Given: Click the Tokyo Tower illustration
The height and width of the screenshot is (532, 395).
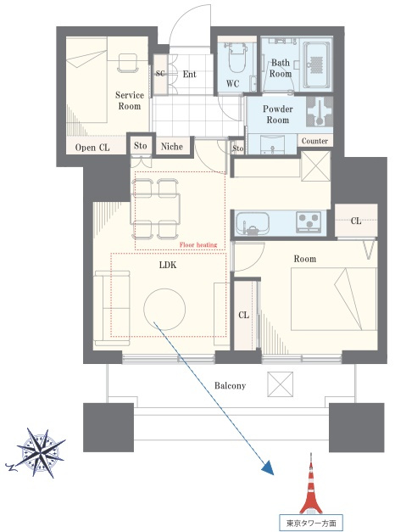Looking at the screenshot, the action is [x=310, y=484].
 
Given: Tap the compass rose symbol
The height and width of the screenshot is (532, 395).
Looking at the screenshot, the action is [x=41, y=453].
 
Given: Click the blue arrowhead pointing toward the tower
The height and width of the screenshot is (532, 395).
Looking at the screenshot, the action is [x=269, y=468].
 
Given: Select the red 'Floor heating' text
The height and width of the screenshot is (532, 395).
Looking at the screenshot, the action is [x=198, y=244].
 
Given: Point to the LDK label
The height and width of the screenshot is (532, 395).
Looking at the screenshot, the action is [x=168, y=265].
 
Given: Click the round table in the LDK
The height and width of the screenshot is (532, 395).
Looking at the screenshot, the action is [x=164, y=309].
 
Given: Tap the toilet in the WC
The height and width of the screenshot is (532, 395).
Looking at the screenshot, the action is [x=237, y=58].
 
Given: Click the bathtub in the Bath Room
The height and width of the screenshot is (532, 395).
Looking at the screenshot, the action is [x=317, y=64].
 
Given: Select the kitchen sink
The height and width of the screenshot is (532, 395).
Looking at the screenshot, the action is [x=253, y=222].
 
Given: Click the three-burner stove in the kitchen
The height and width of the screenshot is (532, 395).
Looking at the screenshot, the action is [x=309, y=222].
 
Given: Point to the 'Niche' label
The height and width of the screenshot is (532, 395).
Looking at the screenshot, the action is [x=172, y=147].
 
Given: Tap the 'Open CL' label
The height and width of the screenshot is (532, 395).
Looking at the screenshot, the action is [x=92, y=148].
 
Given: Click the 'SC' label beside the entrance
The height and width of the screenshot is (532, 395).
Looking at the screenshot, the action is [x=160, y=73].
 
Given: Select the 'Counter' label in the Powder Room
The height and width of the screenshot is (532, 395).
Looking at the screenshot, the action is [x=314, y=141].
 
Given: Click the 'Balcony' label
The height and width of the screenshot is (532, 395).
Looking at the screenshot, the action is [x=230, y=386].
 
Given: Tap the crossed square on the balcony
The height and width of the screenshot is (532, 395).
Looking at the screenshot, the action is [x=280, y=384].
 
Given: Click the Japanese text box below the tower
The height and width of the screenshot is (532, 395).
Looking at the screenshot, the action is [x=310, y=523].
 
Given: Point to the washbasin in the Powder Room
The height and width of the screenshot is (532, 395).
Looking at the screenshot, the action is [x=273, y=144].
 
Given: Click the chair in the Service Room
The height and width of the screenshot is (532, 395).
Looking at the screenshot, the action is [x=128, y=63].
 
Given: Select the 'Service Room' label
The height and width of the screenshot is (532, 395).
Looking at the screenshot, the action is [x=130, y=100].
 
